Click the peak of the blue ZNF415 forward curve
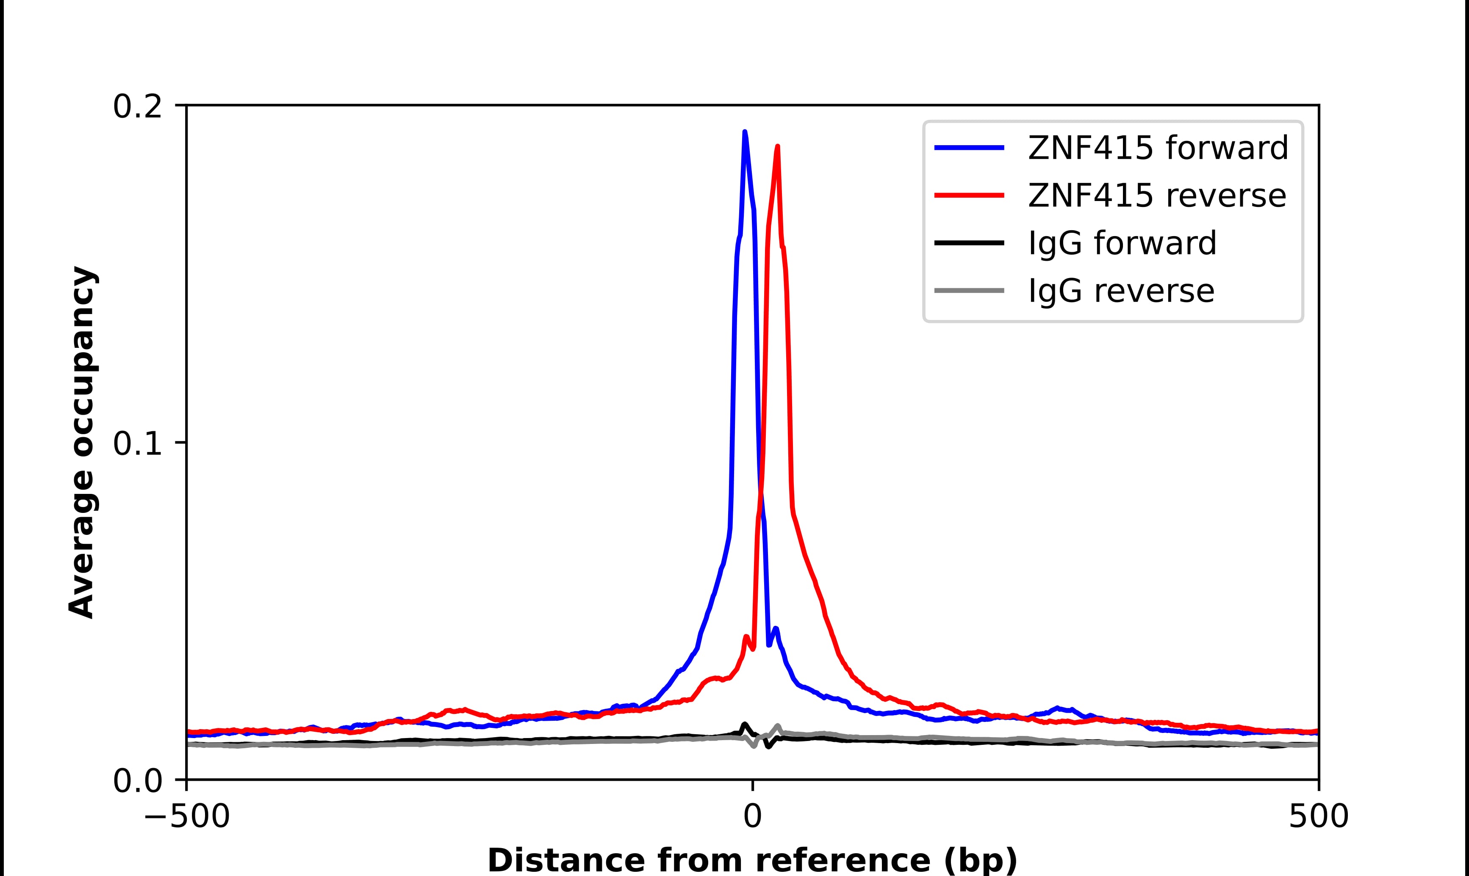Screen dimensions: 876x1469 click(744, 132)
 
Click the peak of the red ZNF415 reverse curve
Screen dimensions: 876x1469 click(777, 146)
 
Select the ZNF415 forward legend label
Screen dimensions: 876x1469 click(1158, 148)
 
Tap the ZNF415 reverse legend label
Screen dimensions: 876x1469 click(1156, 196)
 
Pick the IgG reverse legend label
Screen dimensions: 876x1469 click(1121, 290)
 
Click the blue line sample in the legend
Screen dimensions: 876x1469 click(969, 148)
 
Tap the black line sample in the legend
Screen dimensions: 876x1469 click(969, 242)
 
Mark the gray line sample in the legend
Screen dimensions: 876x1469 click(969, 290)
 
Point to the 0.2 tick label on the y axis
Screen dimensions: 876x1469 click(137, 107)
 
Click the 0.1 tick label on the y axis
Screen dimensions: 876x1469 click(137, 444)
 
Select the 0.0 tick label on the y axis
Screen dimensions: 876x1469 click(137, 781)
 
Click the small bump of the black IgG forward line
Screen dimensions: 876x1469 click(744, 725)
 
